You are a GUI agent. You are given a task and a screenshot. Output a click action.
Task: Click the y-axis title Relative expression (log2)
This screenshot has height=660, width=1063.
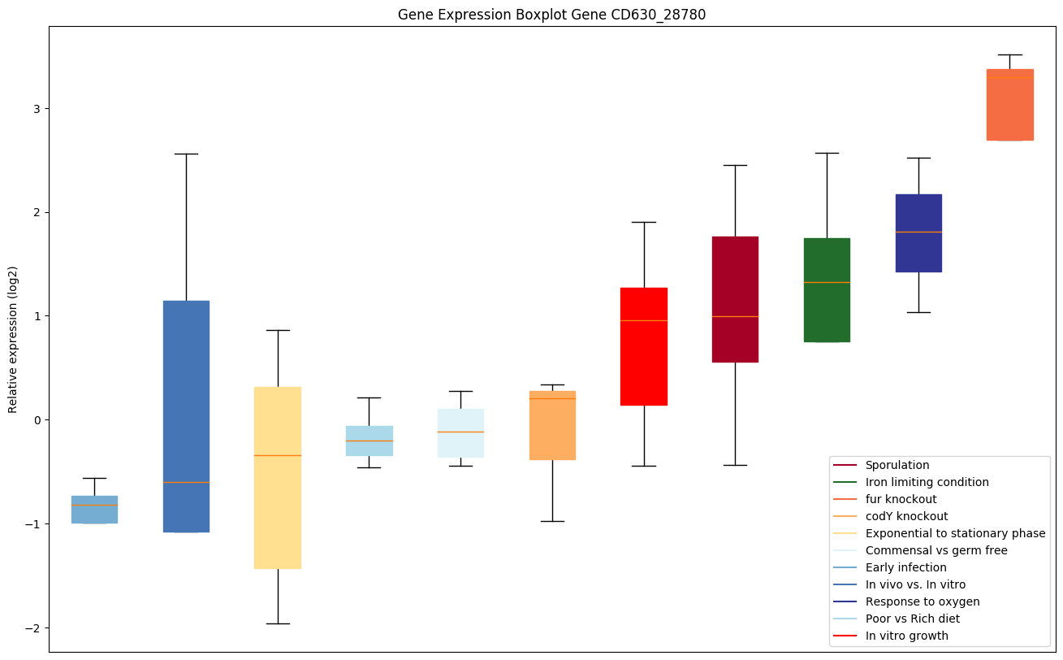(13, 339)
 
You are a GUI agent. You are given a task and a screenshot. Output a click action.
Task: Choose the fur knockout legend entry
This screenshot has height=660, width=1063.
(901, 499)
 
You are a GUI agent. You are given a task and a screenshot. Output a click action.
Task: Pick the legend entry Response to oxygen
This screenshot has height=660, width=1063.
(923, 601)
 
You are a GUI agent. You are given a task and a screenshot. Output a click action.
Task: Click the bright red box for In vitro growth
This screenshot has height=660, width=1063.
(644, 346)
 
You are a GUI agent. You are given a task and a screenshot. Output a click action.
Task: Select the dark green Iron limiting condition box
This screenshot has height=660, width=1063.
(827, 290)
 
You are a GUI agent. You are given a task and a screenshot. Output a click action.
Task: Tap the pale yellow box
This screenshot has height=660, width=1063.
(278, 477)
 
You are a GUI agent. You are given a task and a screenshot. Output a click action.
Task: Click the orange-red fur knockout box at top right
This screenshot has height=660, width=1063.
(1009, 105)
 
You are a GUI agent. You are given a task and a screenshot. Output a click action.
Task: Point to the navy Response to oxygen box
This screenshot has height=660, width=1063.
(918, 233)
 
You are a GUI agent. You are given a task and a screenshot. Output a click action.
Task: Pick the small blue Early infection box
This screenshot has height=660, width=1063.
(94, 510)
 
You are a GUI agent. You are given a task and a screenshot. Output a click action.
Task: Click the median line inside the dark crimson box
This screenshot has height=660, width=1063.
(735, 316)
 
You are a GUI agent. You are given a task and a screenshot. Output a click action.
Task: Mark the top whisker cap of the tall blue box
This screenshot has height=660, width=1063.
(186, 154)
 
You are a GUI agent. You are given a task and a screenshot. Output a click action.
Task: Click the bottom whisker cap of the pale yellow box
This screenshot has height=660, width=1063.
(278, 623)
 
